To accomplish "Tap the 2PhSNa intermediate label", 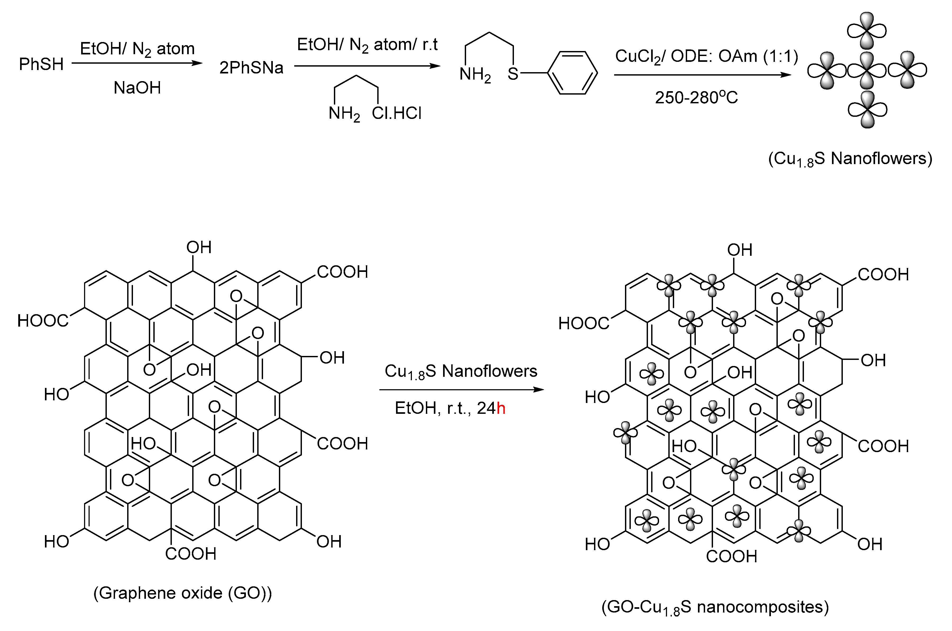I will (x=251, y=68).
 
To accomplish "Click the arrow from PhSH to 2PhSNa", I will (x=137, y=63).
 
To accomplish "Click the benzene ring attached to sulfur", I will (x=573, y=73).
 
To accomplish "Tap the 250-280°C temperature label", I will (x=696, y=98).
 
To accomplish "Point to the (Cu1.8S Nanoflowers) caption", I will (x=850, y=159).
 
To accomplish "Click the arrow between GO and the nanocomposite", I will (x=461, y=389).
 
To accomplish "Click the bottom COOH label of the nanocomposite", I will (x=732, y=556).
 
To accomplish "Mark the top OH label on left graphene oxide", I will (x=199, y=248).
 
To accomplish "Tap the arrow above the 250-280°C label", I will (x=702, y=75).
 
